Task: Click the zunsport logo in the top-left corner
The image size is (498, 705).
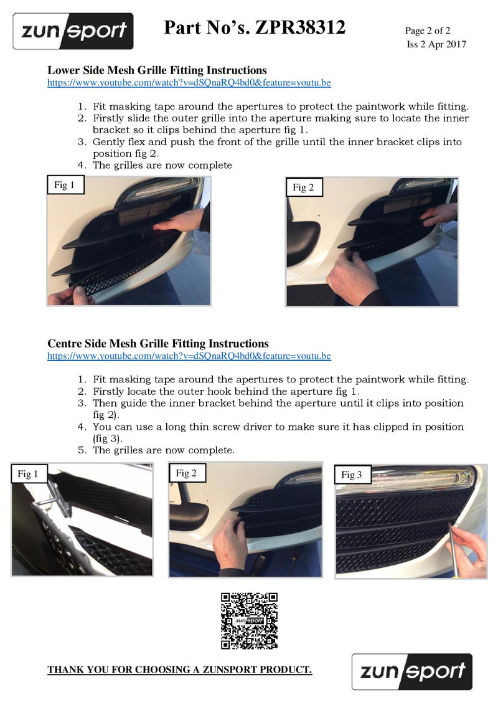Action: coord(73,31)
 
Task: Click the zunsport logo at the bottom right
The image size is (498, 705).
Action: coord(411,672)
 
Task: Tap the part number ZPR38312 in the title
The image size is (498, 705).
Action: coord(300,27)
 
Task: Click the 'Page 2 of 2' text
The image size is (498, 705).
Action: coord(428,31)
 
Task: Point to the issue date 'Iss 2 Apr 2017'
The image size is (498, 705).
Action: coord(436,44)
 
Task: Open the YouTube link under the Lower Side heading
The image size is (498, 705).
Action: coord(189,83)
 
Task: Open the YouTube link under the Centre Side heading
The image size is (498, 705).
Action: coord(189,356)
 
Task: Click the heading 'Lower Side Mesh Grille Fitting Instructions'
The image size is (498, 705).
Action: coord(157,70)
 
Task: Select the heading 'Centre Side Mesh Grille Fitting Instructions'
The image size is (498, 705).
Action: coord(158,344)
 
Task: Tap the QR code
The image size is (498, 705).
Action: coord(249,621)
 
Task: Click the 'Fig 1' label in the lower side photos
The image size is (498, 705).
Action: coord(65,185)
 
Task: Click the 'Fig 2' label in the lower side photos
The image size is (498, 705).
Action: coord(304,187)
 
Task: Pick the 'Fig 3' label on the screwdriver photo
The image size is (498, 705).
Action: coord(353,475)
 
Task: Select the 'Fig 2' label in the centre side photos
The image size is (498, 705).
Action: coord(187,473)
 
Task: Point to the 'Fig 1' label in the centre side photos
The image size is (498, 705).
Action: coord(29,473)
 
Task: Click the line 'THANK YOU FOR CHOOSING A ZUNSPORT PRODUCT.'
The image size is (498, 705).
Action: coord(180,670)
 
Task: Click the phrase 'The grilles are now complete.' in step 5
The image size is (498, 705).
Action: coord(164,450)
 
